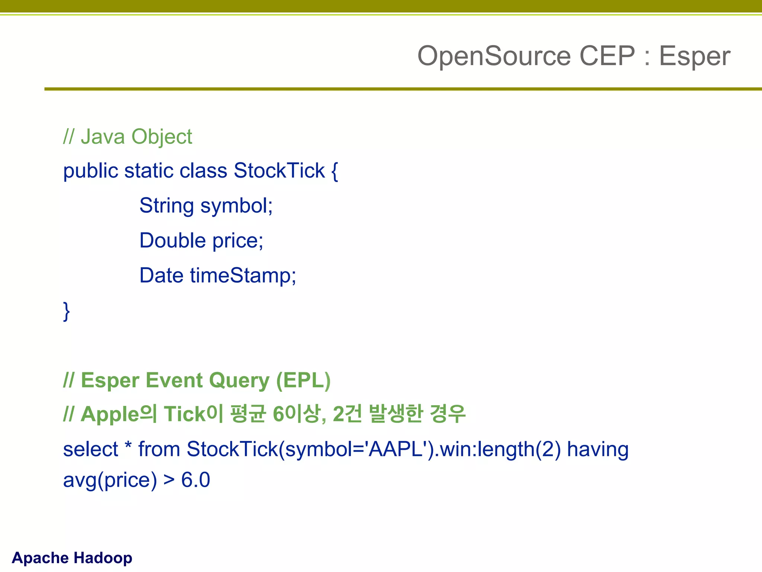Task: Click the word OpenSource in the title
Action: tap(494, 56)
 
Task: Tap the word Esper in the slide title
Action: tap(695, 56)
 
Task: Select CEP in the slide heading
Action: tap(607, 56)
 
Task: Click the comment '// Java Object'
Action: tap(128, 137)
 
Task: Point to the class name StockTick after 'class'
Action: tap(279, 171)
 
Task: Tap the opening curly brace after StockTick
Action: tap(334, 171)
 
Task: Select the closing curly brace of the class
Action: tap(67, 311)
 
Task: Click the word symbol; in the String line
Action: tap(237, 206)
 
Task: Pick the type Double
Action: tap(173, 241)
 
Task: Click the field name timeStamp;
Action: tap(243, 276)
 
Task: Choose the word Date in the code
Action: tap(161, 276)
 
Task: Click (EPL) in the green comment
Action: tap(303, 381)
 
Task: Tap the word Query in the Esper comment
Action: tap(239, 381)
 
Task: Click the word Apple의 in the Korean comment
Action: tap(119, 414)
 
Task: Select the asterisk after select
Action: tap(128, 446)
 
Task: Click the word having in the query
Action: tap(598, 449)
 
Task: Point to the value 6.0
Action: tap(195, 480)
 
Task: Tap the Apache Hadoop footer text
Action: tap(72, 558)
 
